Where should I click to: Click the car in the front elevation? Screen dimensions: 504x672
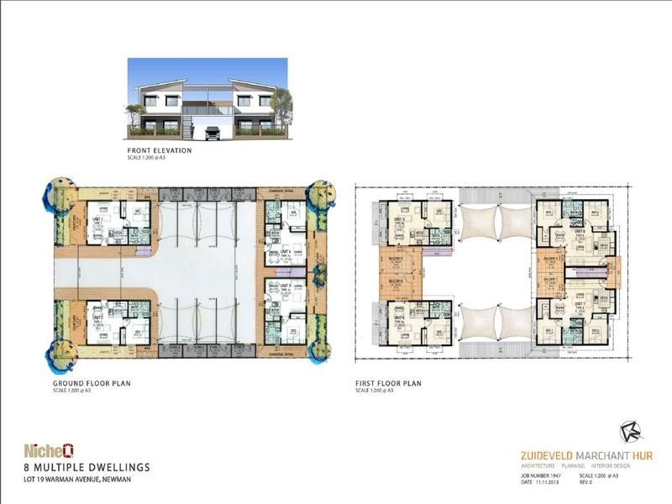(x=213, y=132)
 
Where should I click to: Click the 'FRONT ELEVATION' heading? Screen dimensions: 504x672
(x=160, y=150)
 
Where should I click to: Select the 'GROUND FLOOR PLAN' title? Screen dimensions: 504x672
(x=91, y=384)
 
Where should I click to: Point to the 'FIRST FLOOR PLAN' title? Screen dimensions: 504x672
(x=388, y=384)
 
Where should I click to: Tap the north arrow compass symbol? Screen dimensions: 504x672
(x=631, y=432)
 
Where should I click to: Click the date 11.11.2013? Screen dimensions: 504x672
(x=543, y=481)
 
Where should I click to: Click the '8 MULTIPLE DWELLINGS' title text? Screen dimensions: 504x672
(x=87, y=466)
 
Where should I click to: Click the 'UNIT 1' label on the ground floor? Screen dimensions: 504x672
(x=97, y=218)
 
